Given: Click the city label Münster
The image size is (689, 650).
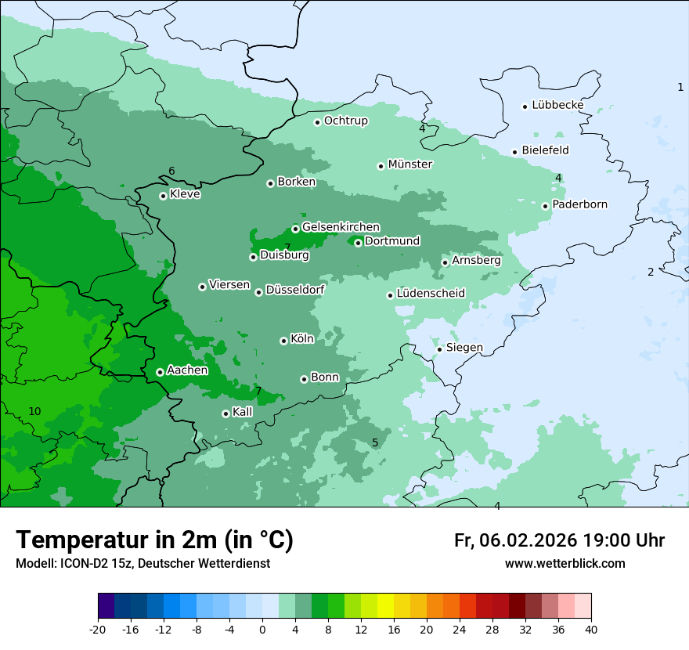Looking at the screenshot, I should coord(409,164).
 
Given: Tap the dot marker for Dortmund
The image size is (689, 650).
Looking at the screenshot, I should coord(358,243).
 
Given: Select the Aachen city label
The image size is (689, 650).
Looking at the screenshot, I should coord(187,370).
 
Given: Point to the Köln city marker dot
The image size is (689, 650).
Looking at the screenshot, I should coord(283,341).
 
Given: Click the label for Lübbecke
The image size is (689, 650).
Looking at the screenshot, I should coord(557,105).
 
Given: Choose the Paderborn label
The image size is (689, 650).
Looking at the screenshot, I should coord(579,204).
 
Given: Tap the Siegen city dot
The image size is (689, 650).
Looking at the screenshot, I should coord(440,349).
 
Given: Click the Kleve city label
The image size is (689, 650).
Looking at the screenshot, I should coord(185,194).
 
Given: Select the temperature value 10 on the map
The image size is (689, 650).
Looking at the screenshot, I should coord(34,411).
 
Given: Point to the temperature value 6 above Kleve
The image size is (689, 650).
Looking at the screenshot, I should coord(171,172).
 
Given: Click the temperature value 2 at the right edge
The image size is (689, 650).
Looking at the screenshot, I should coord(650,272).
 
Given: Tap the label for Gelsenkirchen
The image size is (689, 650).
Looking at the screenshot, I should coord(341,227).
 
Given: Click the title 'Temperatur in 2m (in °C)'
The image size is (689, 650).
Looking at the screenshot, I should coord(154,540).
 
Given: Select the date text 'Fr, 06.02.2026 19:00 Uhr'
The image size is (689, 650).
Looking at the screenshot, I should coord(559,540).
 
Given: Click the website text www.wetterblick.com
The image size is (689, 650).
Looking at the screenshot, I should coord(565,563).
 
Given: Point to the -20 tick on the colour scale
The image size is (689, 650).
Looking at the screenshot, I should coord(98,629).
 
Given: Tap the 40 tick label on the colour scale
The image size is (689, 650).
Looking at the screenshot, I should coord(590,629).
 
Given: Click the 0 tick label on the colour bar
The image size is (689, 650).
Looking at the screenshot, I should coord(262,629).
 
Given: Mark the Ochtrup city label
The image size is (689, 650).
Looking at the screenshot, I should coord(345,121).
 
